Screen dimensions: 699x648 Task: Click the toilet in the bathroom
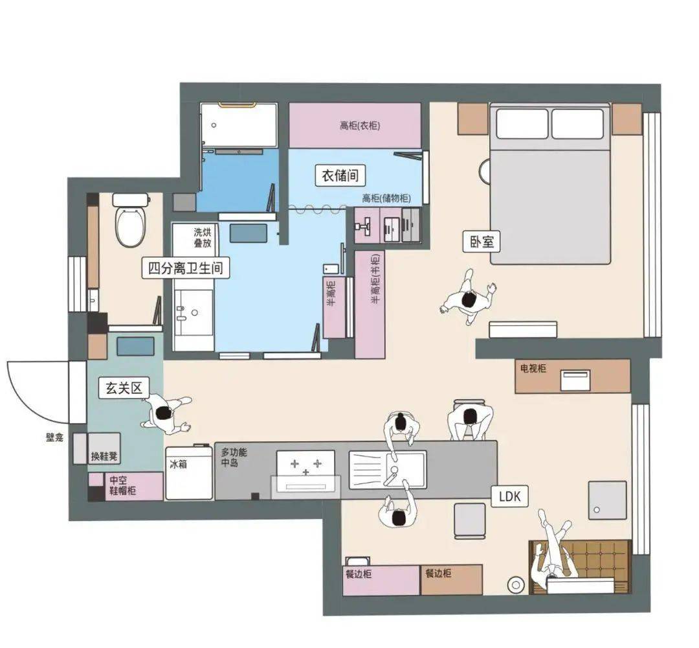pos(131,220)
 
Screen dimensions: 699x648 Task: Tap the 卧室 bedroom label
pos(482,242)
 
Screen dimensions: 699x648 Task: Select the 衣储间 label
pos(340,176)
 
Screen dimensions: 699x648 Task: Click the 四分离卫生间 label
pos(186,268)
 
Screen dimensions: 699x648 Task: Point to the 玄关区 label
pos(124,388)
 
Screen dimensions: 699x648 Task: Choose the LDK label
pos(509,496)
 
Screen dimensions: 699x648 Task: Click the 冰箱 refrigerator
pos(189,472)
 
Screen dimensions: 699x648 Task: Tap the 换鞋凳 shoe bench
pos(104,448)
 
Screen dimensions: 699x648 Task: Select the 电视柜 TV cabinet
pos(572,376)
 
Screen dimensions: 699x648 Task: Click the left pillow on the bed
pos(522,124)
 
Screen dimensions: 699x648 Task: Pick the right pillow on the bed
pos(577,124)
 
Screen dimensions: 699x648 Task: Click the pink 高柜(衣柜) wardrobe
pos(355,126)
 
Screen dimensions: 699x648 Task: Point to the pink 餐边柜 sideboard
pos(381,579)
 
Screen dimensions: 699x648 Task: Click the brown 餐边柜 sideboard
pos(452,579)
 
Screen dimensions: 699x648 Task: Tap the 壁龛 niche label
pos(54,437)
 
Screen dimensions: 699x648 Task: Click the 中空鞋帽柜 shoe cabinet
pos(126,486)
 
